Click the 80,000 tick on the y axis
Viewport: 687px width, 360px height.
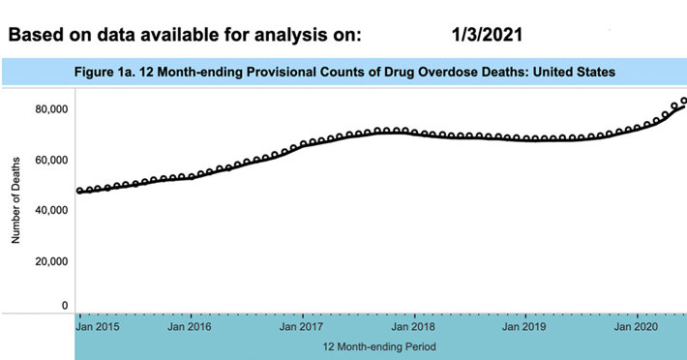coord(51,108)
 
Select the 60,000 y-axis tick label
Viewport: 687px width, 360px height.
coord(51,159)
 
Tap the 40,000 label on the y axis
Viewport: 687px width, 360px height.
coord(51,210)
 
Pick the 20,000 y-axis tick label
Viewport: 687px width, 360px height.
coord(51,260)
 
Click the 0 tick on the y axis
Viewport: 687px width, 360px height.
coord(65,306)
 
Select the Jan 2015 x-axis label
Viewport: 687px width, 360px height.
coord(99,328)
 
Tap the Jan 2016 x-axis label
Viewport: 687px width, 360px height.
coord(190,328)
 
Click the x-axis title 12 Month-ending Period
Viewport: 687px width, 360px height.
coord(380,345)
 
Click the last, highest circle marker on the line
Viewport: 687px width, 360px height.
coord(683,101)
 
